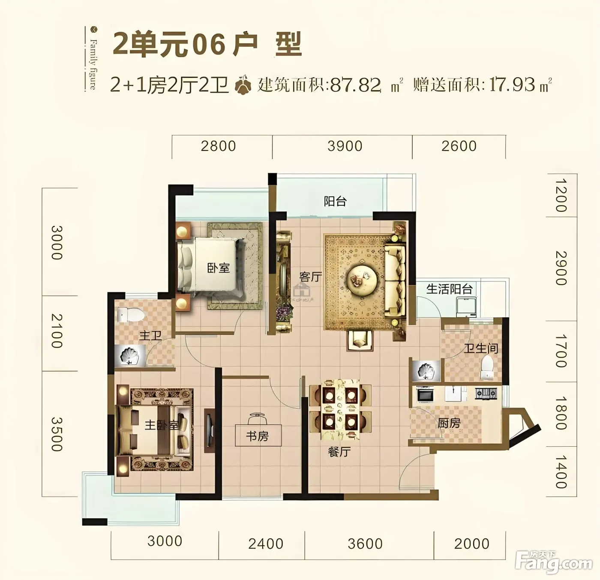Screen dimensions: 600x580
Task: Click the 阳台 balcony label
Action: pyautogui.click(x=335, y=201)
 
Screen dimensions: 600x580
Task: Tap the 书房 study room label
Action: pyautogui.click(x=257, y=436)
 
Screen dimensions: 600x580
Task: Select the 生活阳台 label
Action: pyautogui.click(x=449, y=289)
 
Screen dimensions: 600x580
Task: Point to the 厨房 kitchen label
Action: pyautogui.click(x=449, y=423)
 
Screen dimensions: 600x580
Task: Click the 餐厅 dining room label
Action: pyautogui.click(x=339, y=452)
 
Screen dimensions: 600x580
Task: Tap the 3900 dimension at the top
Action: pyautogui.click(x=345, y=146)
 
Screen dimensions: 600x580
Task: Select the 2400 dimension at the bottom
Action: pyautogui.click(x=266, y=544)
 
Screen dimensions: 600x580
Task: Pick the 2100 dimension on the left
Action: pyautogui.click(x=57, y=331)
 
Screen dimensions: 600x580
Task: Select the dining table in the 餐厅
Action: pyautogui.click(x=340, y=410)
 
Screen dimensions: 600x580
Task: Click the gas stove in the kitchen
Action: pyautogui.click(x=486, y=393)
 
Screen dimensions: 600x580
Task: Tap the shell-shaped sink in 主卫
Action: pyautogui.click(x=130, y=355)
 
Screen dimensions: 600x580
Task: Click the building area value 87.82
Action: pyautogui.click(x=355, y=85)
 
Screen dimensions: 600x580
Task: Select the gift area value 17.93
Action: pyautogui.click(x=512, y=85)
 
